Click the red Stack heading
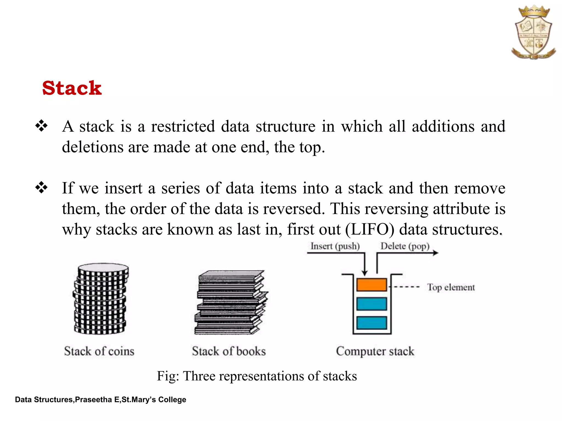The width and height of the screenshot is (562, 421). [72, 88]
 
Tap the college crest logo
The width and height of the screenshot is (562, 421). [533, 32]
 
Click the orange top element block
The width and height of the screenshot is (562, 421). [372, 285]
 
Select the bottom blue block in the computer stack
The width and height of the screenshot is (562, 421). [372, 323]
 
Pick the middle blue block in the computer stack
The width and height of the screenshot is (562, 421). [372, 304]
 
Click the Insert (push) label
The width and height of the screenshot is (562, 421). [335, 246]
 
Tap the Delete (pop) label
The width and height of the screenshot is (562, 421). [405, 246]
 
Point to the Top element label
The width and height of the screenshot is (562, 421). [451, 287]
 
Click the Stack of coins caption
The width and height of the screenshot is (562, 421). [99, 351]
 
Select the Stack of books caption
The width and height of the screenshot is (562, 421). [229, 351]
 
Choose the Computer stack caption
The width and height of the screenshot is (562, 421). [375, 351]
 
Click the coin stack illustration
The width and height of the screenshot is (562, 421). [100, 299]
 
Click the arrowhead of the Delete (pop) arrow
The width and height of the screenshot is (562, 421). [435, 253]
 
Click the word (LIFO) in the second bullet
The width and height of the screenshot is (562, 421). [370, 229]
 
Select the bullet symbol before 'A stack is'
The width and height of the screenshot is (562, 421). [41, 126]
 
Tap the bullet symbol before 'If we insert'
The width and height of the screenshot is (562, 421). [41, 188]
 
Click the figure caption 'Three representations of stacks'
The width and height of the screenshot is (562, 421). [257, 376]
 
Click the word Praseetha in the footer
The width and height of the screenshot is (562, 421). [93, 400]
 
